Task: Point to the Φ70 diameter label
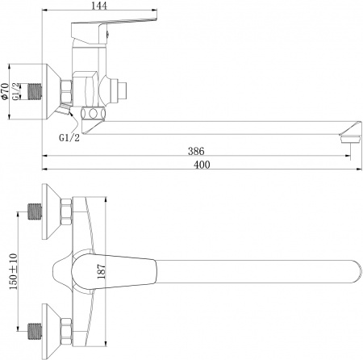click(6, 93)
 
